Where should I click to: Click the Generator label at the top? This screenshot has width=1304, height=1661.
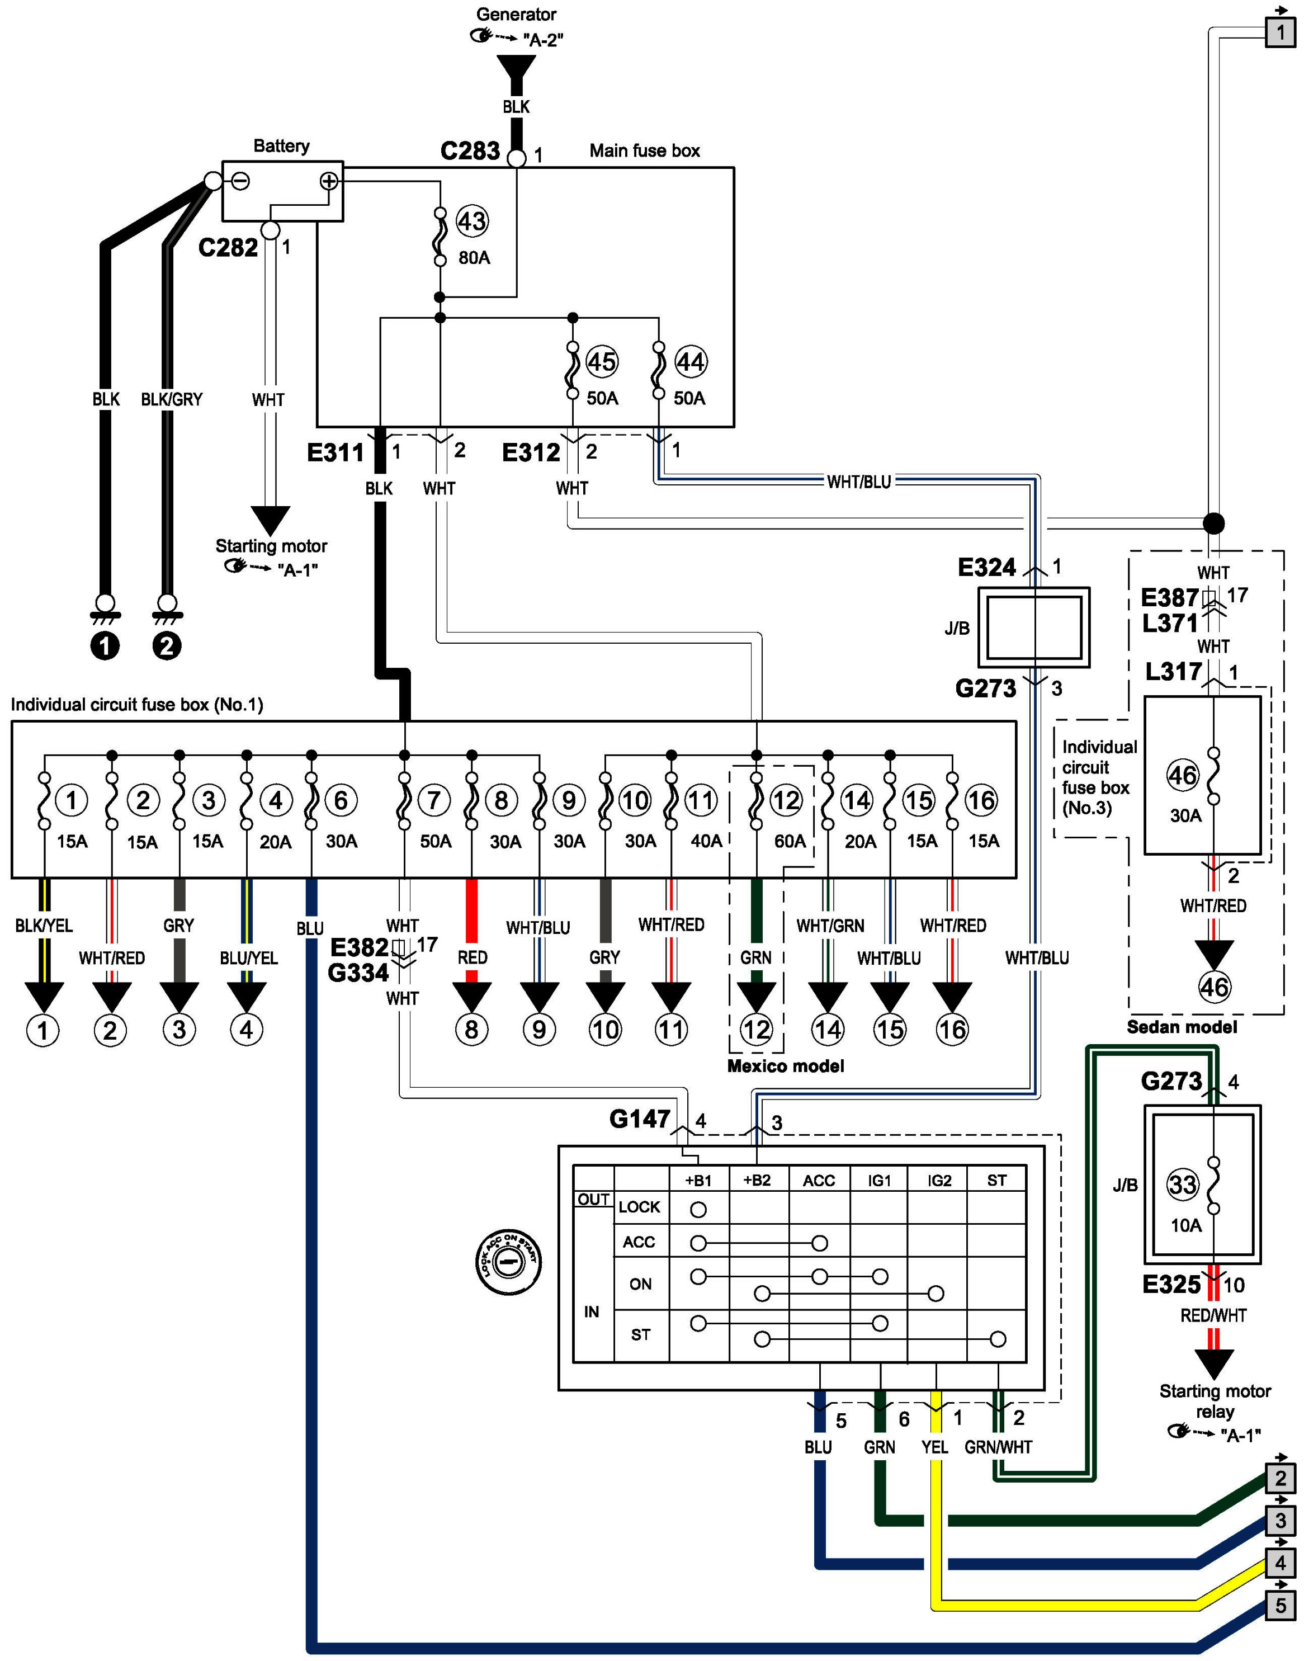click(516, 15)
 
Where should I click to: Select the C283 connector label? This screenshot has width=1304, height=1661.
click(470, 151)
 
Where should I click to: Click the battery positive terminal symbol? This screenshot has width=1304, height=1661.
click(328, 181)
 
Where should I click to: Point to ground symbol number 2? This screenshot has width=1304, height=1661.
click(167, 646)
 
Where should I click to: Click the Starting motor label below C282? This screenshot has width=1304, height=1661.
click(271, 546)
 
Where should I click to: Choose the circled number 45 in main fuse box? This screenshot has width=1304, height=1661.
click(602, 361)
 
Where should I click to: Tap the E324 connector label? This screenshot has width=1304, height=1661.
click(986, 568)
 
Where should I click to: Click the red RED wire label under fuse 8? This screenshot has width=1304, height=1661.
click(473, 957)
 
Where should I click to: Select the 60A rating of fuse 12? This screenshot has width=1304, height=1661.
click(790, 841)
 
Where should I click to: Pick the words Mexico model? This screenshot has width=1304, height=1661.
click(786, 1066)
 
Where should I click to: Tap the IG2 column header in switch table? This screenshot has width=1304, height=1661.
click(939, 1181)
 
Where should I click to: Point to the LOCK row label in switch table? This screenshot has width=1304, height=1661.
click(639, 1207)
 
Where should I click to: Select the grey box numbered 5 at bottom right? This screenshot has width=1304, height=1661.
click(1281, 1605)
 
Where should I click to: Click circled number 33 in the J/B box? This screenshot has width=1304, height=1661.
click(1183, 1185)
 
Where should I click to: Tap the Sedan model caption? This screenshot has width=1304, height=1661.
click(1182, 1027)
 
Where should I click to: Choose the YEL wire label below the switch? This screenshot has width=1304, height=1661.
click(934, 1447)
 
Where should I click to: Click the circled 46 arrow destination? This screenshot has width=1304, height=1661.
click(1214, 988)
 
